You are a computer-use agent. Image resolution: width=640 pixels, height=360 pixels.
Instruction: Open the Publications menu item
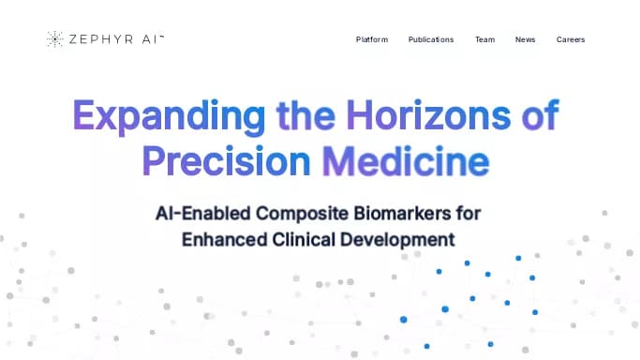tap(431, 39)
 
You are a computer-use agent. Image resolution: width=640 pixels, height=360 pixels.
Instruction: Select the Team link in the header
tap(484, 39)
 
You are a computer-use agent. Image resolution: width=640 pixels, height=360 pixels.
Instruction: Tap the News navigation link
tap(525, 39)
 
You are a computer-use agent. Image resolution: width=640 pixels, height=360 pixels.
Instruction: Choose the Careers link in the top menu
tap(570, 39)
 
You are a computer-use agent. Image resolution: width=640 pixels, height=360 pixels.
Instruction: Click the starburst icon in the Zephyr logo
tap(54, 38)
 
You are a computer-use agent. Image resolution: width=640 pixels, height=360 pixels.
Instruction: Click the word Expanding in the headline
tap(169, 116)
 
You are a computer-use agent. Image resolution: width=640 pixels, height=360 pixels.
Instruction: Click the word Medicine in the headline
tap(405, 160)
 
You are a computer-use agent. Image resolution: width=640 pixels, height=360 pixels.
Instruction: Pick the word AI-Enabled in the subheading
tap(201, 213)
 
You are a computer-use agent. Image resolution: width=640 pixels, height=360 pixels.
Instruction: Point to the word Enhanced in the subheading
tap(225, 238)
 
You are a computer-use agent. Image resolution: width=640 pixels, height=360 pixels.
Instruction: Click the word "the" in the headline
tap(306, 116)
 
